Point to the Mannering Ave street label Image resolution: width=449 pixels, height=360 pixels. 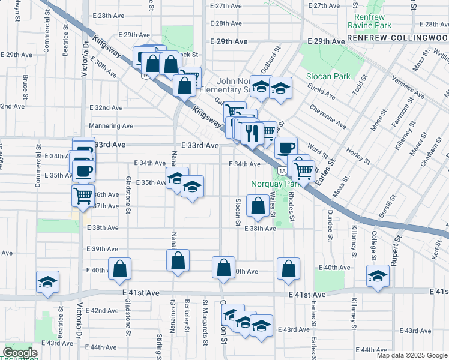[111, 126]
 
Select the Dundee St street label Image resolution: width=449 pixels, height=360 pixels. [330, 223]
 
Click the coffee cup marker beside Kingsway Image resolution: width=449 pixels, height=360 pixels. [286, 147]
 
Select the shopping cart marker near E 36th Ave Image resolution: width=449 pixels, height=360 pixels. [83, 194]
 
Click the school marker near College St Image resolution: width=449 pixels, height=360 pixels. [378, 276]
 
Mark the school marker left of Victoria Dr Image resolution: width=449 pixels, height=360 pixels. [48, 282]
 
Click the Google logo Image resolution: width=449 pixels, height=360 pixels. [20, 353]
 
